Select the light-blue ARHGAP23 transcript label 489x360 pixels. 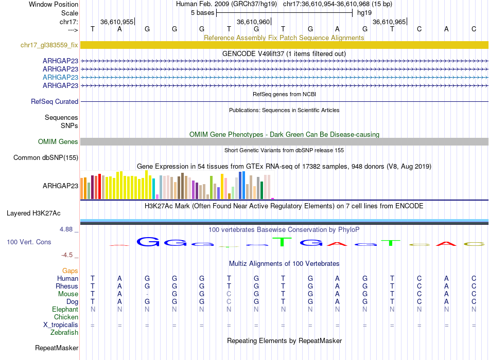coord(60,77)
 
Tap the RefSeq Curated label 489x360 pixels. coord(55,102)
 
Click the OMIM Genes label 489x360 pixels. coord(58,141)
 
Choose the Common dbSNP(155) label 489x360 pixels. coord(46,158)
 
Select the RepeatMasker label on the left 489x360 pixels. coord(57,348)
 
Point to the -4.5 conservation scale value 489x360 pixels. coord(69,255)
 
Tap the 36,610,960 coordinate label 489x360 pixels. coord(253,22)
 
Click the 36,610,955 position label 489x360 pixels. coord(117,22)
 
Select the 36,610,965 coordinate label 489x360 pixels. coord(389,22)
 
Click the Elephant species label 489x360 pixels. coord(65,310)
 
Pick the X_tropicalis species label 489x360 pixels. coord(61,325)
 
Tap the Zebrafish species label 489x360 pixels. coord(64,333)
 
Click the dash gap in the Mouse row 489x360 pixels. coord(147,294)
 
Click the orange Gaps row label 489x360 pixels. coord(70,271)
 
